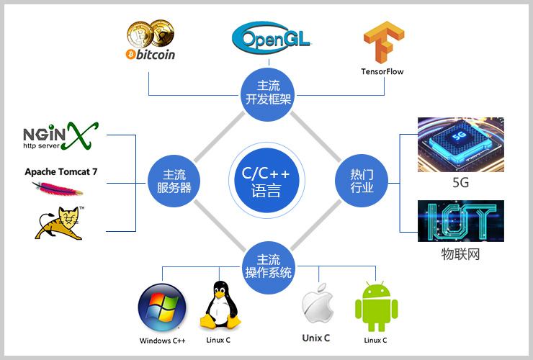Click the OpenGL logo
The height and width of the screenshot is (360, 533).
tap(272, 37)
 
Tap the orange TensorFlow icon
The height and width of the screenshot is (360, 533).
tap(383, 44)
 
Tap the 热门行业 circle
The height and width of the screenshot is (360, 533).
tap(362, 181)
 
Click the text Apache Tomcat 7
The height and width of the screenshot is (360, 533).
tap(61, 172)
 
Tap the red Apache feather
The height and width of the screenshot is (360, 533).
tap(56, 189)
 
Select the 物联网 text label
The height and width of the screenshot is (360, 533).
tap(460, 254)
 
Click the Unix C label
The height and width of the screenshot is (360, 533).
tap(316, 338)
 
